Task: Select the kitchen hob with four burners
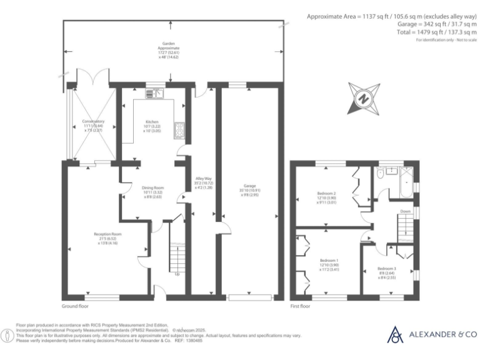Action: click(179, 128)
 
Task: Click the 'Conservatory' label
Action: click(93, 121)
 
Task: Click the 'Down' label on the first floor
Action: click(406, 211)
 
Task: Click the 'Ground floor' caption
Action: click(75, 307)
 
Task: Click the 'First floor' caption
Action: click(301, 307)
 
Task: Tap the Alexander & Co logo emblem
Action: click(396, 335)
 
